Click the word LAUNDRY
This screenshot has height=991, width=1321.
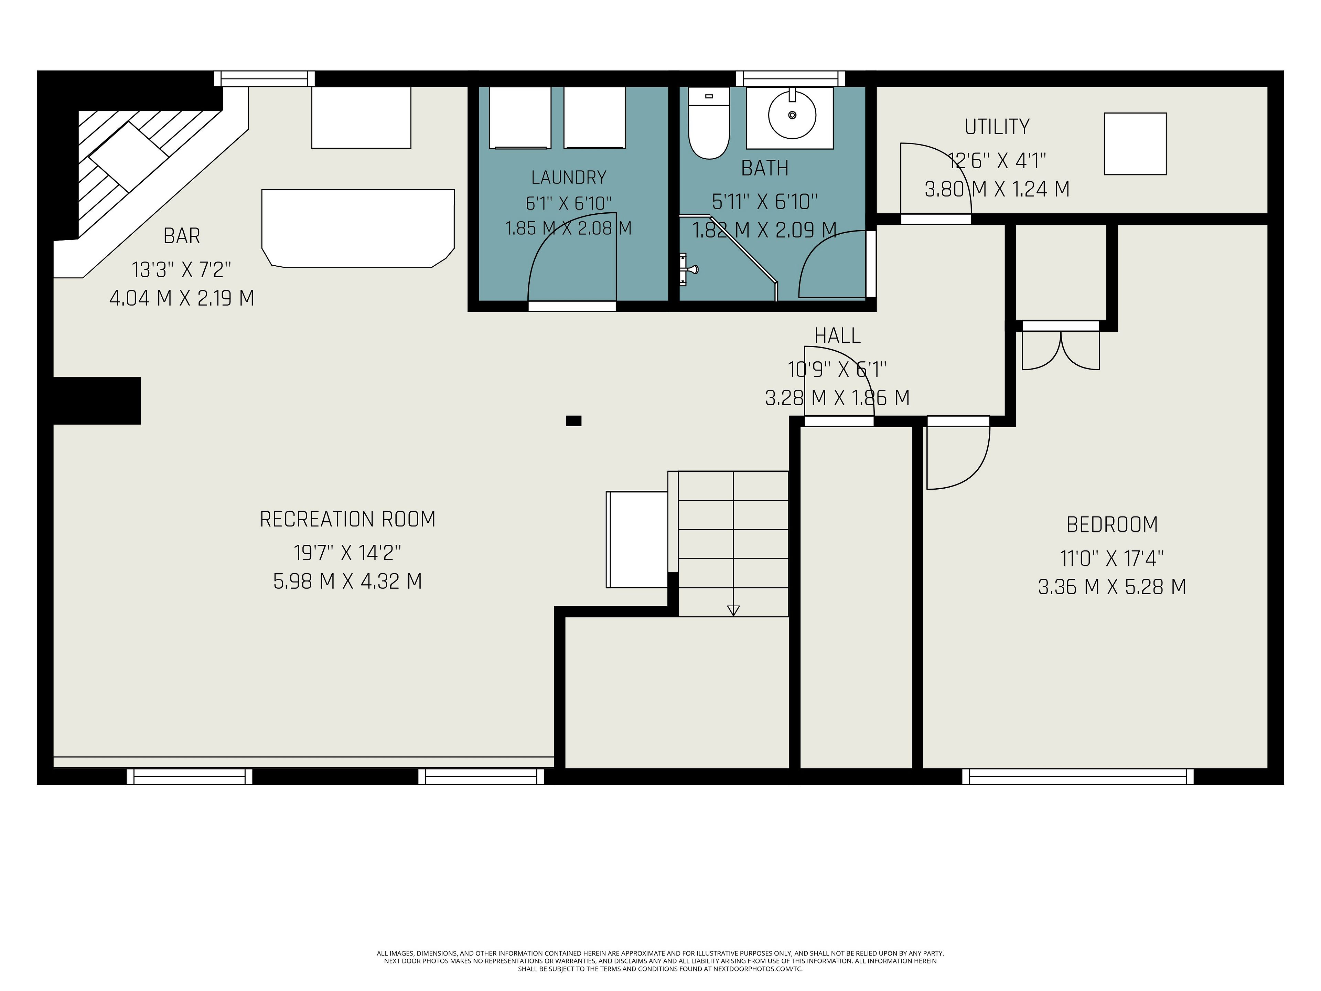[569, 178]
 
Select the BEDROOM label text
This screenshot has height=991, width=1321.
[1112, 524]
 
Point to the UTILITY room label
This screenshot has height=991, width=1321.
[997, 127]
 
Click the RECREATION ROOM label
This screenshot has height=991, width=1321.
[347, 519]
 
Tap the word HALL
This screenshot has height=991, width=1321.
[837, 336]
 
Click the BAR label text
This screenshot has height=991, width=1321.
[182, 236]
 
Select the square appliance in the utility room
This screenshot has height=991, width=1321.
[1135, 144]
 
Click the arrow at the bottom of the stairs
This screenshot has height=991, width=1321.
[733, 610]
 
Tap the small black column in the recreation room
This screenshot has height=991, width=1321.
[573, 420]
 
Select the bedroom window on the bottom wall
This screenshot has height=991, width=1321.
[1078, 777]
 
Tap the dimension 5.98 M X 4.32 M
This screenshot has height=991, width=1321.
[347, 581]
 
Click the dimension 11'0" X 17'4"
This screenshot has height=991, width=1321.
[1112, 558]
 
